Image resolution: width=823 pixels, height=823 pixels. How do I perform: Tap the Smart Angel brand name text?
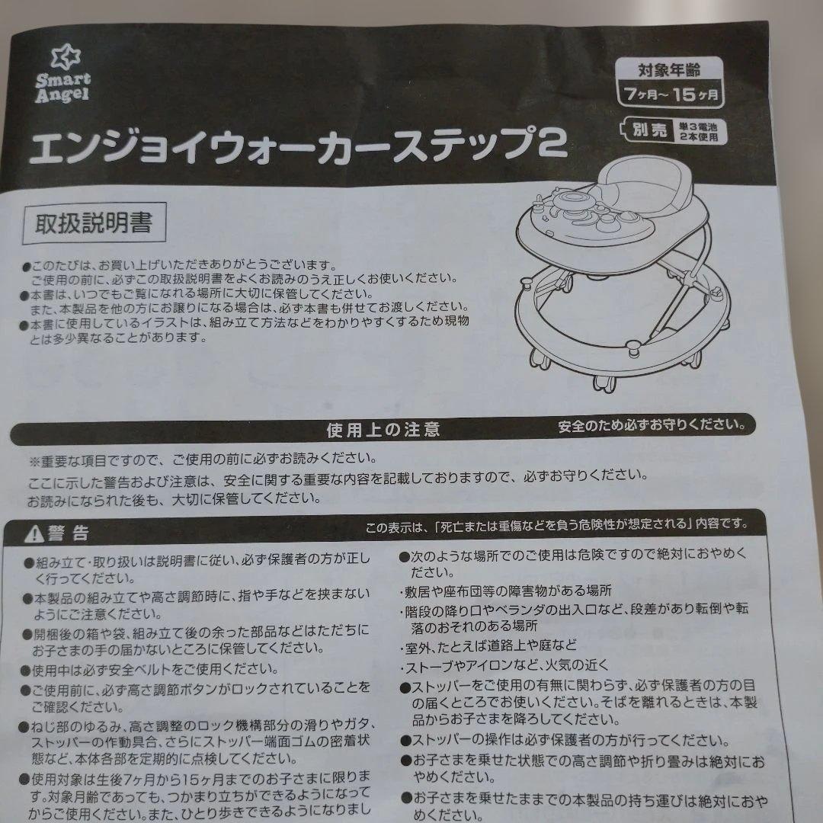click(63, 88)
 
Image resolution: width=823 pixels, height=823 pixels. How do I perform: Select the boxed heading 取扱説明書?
click(94, 223)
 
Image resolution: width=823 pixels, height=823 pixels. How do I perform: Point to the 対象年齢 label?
click(669, 70)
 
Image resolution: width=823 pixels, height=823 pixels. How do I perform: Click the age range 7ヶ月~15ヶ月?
click(671, 94)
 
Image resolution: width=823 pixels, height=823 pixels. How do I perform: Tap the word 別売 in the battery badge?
click(649, 130)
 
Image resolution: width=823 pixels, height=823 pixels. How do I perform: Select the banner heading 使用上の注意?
click(383, 430)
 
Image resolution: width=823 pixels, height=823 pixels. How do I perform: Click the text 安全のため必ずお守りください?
click(652, 424)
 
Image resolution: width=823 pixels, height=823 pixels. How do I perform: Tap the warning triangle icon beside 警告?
click(34, 534)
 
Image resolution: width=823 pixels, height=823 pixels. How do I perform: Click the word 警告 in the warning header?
click(69, 533)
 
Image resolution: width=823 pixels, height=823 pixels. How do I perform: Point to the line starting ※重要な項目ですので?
click(203, 460)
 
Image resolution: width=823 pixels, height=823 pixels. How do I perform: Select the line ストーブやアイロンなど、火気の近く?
click(505, 665)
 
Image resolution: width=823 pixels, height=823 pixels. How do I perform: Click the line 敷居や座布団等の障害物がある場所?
click(506, 591)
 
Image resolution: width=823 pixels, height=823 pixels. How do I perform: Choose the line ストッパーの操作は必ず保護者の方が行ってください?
click(565, 741)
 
